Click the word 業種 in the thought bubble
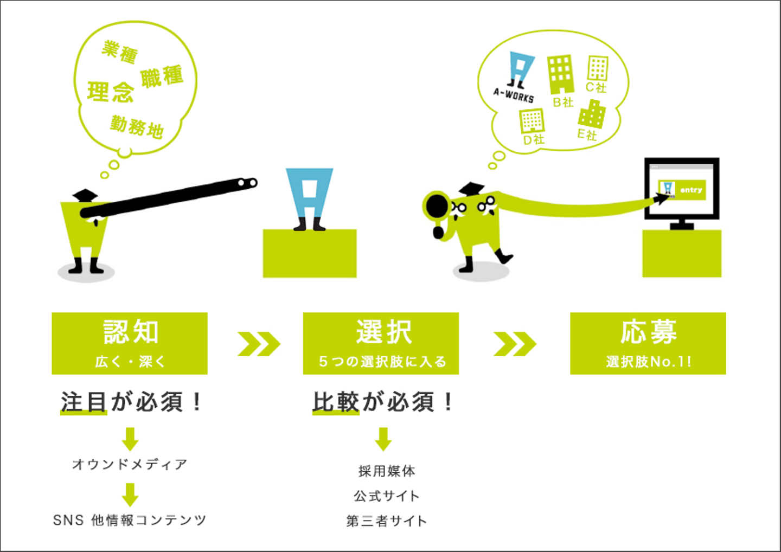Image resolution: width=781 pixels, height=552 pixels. coord(119,52)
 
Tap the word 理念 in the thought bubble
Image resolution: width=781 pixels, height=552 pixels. coord(111,92)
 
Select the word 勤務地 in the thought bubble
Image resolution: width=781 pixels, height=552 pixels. coord(137,127)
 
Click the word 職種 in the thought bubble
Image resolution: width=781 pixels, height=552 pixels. coord(162,76)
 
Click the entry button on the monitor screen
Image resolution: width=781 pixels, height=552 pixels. coord(682,190)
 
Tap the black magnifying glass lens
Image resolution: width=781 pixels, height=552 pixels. coord(437,206)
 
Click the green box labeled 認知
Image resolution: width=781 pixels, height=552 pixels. coord(130,343)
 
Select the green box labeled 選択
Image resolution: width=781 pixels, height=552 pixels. coord(381,343)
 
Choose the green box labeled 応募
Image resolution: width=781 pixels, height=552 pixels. coord(648,343)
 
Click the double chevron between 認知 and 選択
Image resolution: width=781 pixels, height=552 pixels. coord(259,344)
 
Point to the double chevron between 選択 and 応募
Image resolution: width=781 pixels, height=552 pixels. coord(515,344)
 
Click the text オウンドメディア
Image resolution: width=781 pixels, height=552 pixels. coord(130,464)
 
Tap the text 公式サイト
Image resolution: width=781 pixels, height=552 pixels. coord(386,496)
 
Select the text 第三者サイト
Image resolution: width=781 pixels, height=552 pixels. coord(386,521)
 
